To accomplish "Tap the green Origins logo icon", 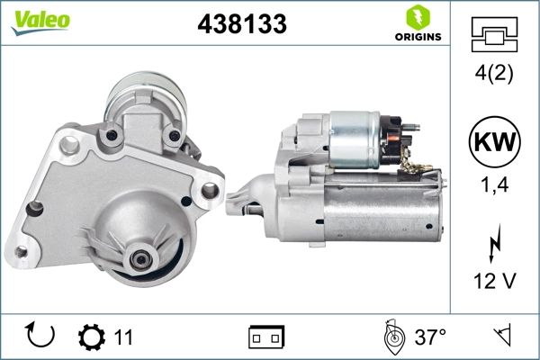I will (416, 17).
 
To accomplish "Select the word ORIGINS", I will (416, 37).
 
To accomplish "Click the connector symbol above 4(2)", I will (494, 34).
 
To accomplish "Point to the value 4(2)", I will (494, 75).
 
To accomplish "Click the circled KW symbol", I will (494, 143).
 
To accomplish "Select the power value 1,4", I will (494, 186).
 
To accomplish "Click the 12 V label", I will (494, 281).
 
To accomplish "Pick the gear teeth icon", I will (91, 337).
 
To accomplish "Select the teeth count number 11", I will (123, 337).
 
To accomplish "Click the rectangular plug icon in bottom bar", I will (267, 337).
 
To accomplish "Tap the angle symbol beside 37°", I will (390, 337).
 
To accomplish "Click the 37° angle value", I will (430, 337).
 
